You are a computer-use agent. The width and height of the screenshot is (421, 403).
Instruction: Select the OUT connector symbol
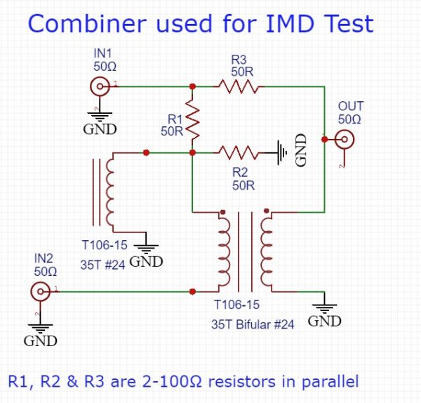click(343, 140)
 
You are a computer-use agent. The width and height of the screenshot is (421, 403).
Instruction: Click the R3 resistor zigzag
click(239, 87)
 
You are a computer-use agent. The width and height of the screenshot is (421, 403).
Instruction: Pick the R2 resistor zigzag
click(239, 152)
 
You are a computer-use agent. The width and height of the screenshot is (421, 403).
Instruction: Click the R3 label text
click(239, 61)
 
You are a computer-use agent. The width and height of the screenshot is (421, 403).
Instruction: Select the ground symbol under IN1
click(100, 118)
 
